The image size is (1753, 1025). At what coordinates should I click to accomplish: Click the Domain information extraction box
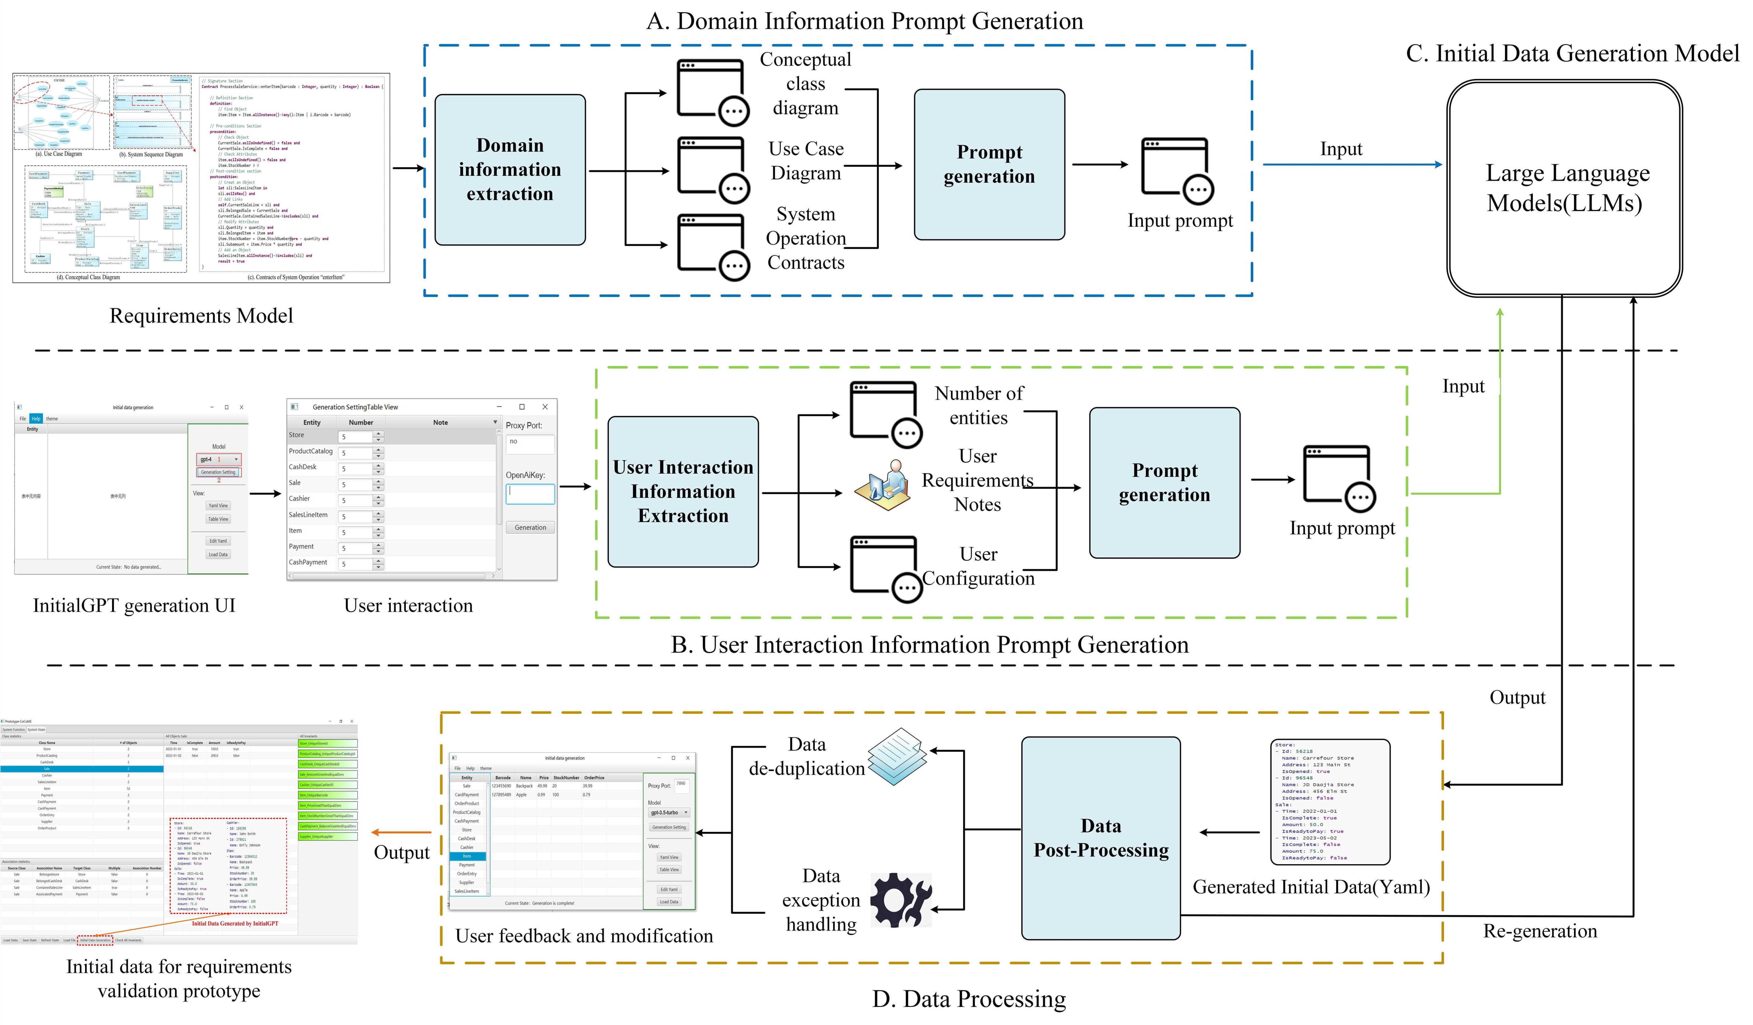point(510,170)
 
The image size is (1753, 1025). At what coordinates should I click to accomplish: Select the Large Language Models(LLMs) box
point(1565,188)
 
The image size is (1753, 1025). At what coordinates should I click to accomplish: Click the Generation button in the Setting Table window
point(530,527)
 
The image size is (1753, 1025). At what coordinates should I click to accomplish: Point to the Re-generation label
point(1539,931)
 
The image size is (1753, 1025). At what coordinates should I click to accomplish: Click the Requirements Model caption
point(201,316)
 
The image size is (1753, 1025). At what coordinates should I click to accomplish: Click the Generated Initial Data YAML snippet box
point(1329,802)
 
